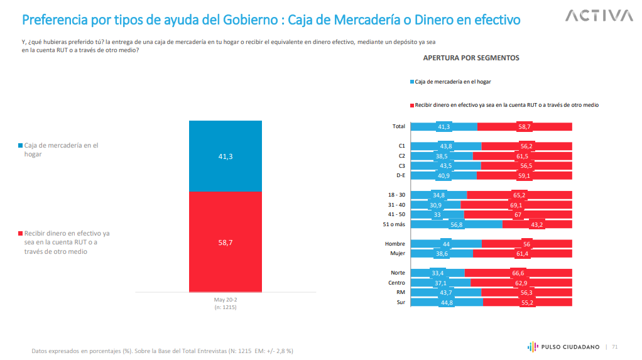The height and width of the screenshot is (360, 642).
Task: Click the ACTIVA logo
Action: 599,16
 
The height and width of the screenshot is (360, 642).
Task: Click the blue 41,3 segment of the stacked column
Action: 226,156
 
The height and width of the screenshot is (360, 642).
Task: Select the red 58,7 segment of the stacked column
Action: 226,242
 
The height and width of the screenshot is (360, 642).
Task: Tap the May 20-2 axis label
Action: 226,300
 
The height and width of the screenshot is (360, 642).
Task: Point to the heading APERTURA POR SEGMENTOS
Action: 471,58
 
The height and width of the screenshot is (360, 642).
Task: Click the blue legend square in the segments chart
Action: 412,82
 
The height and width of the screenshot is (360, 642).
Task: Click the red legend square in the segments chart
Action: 412,105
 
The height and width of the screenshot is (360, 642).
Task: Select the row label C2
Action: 401,156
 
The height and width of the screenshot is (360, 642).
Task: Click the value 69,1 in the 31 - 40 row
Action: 516,205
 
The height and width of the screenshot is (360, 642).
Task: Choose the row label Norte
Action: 398,273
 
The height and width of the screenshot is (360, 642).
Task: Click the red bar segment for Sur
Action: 528,302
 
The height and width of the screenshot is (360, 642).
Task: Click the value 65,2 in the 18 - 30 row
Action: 519,195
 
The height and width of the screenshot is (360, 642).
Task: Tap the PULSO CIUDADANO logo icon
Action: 531,346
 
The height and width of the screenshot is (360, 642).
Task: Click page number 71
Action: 615,346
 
